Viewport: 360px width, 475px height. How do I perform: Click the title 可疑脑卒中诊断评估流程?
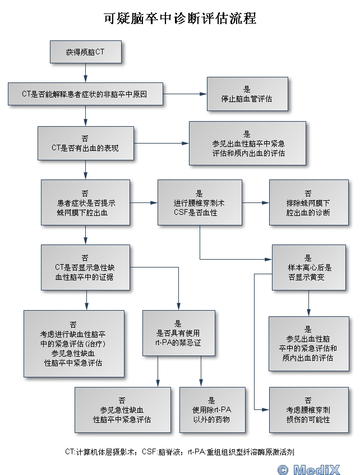(179, 18)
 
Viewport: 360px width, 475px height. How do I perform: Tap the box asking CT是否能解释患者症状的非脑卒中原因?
(85, 94)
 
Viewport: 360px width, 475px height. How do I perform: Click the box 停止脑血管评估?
(247, 94)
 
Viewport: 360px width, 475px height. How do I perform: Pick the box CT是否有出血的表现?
(85, 144)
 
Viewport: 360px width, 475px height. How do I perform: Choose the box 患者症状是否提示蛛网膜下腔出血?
(85, 202)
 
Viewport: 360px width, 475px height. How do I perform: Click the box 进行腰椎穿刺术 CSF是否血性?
(199, 202)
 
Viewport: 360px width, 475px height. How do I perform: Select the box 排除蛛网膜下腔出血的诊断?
(308, 202)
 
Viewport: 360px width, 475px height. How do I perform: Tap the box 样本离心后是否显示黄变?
(308, 268)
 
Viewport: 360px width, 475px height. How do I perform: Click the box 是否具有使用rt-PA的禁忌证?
(178, 333)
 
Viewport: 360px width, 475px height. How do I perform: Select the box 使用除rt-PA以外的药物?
(212, 409)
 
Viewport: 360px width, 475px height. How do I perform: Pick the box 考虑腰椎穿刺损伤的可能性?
(308, 409)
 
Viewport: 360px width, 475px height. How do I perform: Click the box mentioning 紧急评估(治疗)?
(73, 343)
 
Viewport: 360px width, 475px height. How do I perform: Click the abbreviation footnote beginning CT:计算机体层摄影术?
(179, 451)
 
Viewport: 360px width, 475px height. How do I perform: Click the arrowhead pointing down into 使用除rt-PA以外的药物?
(201, 384)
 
